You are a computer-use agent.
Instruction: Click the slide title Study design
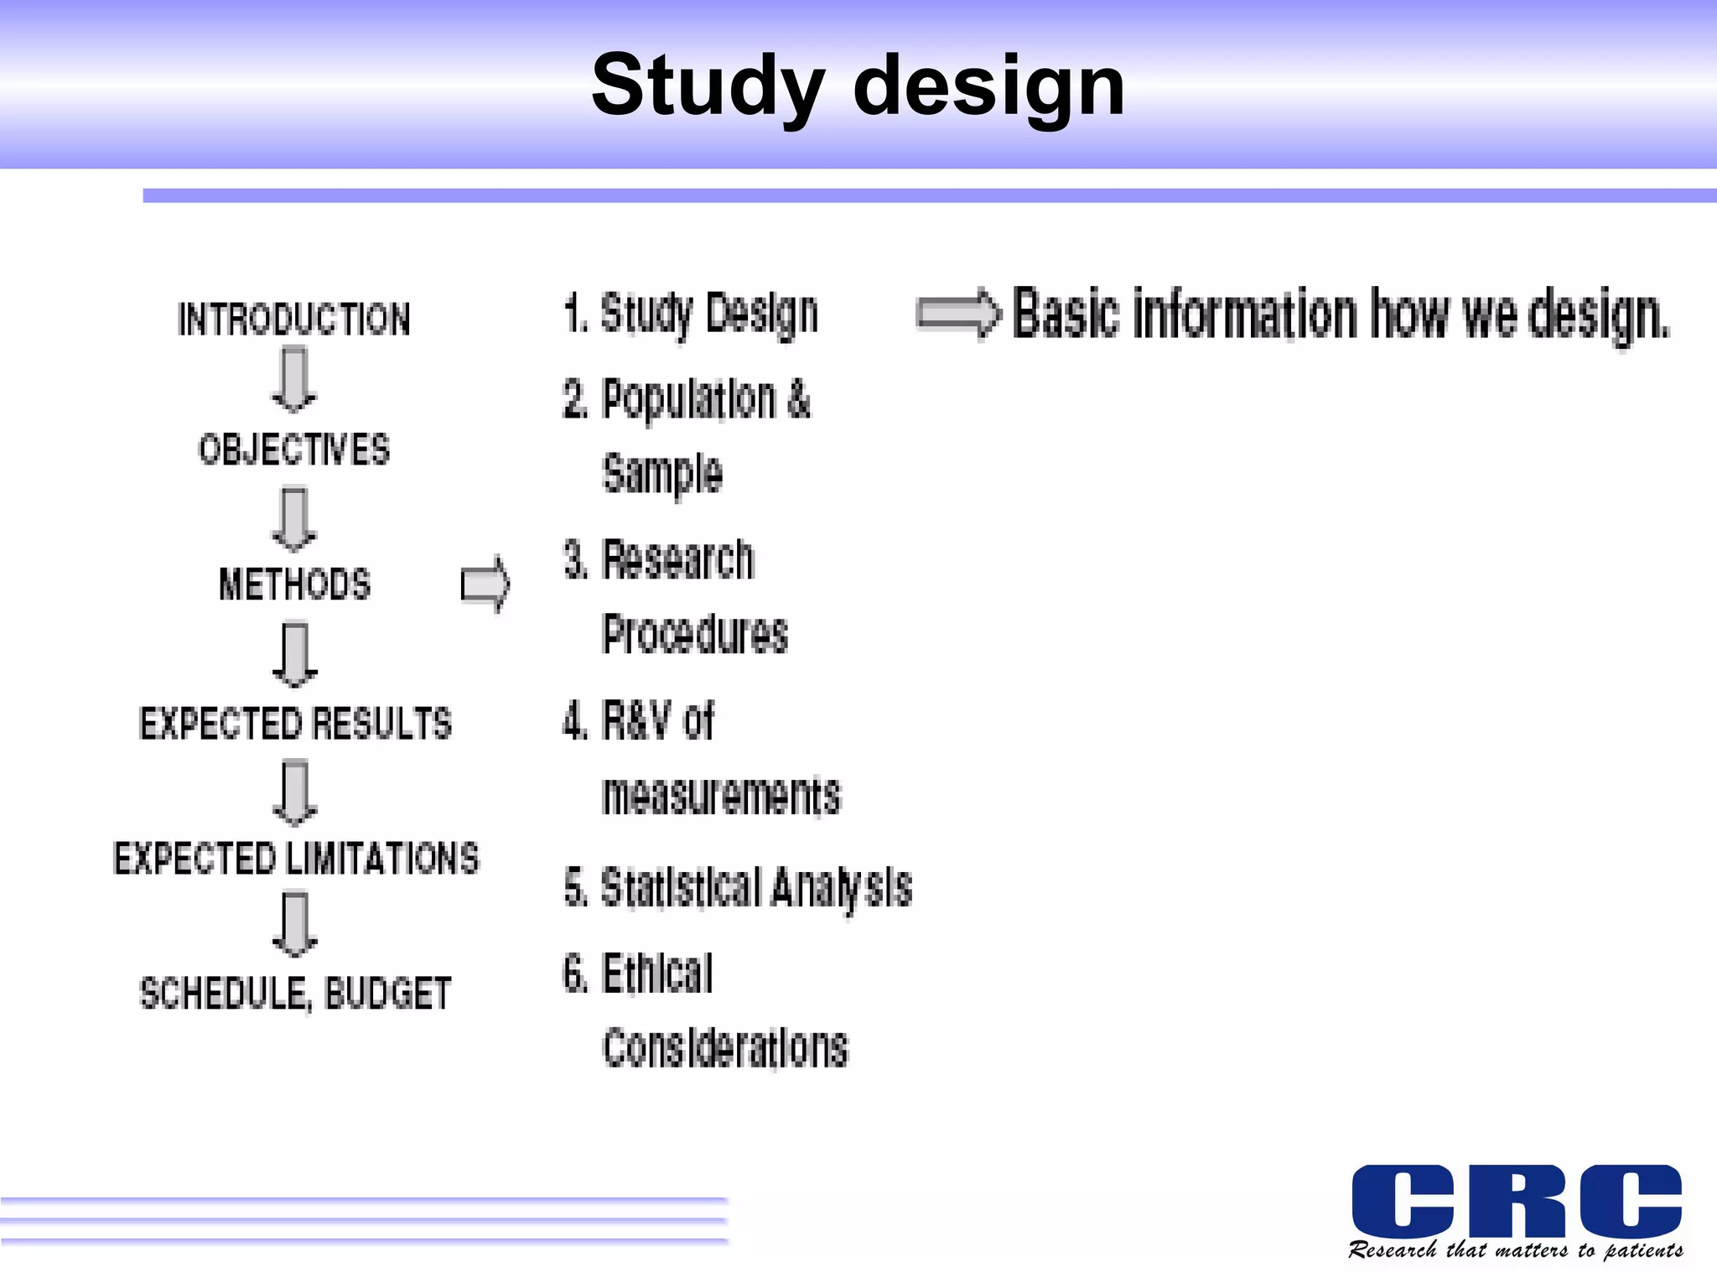(x=858, y=86)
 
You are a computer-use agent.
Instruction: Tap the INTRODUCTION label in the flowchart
(x=294, y=319)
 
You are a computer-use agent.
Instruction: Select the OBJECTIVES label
(x=294, y=450)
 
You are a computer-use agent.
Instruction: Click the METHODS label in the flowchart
(x=294, y=584)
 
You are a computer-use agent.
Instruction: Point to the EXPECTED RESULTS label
(x=295, y=724)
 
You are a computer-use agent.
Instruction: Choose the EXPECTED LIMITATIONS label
(x=296, y=859)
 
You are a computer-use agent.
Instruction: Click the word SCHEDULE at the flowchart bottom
(x=226, y=994)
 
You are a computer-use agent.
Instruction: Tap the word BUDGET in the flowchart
(x=387, y=994)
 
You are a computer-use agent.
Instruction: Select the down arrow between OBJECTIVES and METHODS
(x=294, y=519)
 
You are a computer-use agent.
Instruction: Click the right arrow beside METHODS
(x=485, y=584)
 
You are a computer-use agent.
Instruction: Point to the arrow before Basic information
(x=958, y=314)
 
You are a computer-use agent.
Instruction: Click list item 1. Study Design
(x=691, y=314)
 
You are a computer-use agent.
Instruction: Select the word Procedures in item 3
(x=695, y=634)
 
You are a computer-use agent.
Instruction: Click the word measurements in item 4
(x=721, y=796)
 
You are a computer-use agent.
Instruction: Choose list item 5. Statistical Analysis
(x=738, y=888)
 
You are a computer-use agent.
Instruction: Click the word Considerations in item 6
(x=725, y=1048)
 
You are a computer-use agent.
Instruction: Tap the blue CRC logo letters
(x=1517, y=1201)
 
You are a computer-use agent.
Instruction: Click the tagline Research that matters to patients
(x=1516, y=1250)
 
